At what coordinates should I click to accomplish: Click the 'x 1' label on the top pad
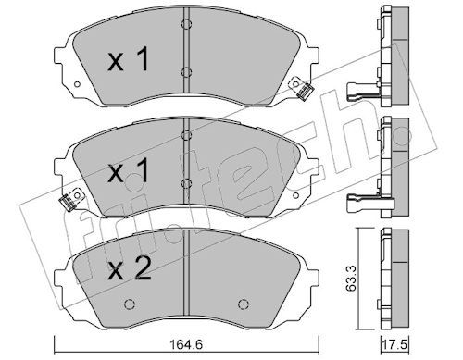point(128,59)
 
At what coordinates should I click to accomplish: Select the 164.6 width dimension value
point(186,344)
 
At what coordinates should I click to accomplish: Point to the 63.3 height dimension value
point(351,279)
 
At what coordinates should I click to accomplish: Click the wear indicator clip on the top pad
point(303,89)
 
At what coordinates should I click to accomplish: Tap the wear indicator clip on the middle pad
point(70,200)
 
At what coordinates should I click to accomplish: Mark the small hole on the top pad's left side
point(77,84)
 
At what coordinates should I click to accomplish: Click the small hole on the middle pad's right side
point(295,195)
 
